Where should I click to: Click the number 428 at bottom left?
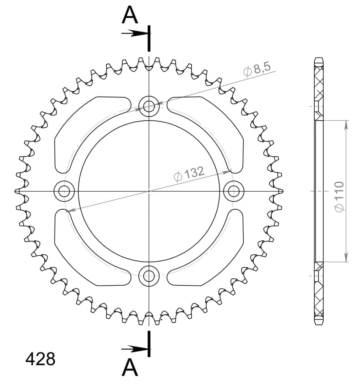tap(40, 359)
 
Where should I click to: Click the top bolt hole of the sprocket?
tap(149, 106)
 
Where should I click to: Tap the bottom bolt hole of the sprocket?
tap(149, 276)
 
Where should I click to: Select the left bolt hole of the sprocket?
tap(64, 191)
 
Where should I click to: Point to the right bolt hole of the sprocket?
tap(234, 191)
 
